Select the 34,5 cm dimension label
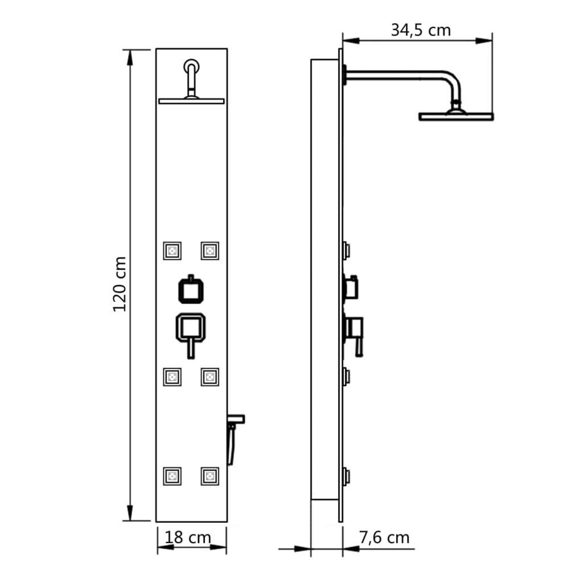point(421,30)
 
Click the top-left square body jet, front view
point(172,251)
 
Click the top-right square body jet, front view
point(209,251)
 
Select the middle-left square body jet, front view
point(172,377)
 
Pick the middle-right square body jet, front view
point(209,377)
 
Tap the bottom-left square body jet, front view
point(172,476)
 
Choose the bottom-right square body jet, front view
point(209,476)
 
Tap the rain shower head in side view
point(456,116)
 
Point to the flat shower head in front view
point(191,101)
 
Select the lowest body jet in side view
point(346,476)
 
